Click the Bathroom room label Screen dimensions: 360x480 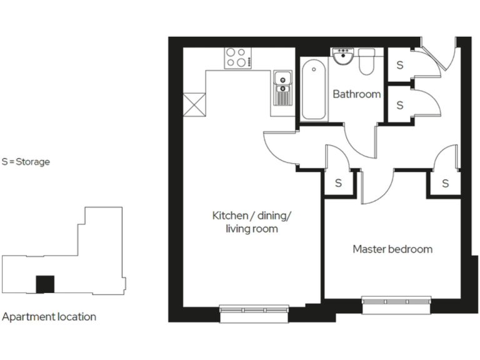pos(356,94)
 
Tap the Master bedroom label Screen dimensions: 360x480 pos(392,249)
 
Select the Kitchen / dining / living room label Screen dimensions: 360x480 pos(252,222)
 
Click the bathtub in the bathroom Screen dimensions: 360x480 pos(313,89)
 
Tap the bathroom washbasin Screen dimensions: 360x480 pos(343,57)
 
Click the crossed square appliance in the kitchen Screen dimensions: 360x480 pos(195,104)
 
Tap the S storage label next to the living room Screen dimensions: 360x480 pos(339,183)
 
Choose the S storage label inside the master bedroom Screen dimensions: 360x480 pos(445,183)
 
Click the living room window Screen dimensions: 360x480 pos(254,311)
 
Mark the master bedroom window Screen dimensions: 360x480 pos(396,303)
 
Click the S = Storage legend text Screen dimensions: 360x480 pos(26,161)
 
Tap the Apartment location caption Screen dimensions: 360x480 pos(49,317)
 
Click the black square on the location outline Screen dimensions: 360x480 pos(44,284)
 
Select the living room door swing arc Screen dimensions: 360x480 pos(275,146)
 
